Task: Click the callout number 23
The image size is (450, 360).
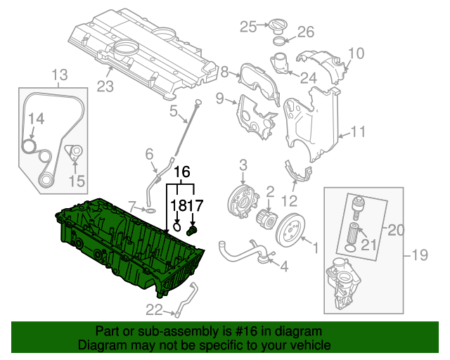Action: coord(104,87)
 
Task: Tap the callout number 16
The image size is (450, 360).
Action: coord(181,172)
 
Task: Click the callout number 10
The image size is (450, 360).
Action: coord(356,53)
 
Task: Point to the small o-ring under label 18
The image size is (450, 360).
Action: coord(178,227)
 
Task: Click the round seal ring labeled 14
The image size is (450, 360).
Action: coord(29,146)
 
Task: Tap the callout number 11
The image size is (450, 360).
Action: coord(359,131)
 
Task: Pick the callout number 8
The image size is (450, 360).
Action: coord(225,71)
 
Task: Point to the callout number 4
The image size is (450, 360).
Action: coord(284,267)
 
